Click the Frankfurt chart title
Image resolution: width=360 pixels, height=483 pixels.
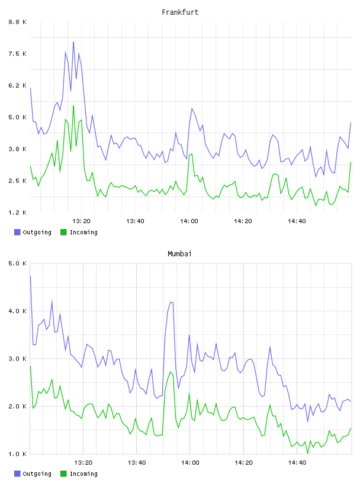point(180,12)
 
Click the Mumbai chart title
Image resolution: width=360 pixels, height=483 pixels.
point(179,254)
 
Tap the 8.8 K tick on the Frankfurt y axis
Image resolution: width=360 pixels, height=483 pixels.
point(18,22)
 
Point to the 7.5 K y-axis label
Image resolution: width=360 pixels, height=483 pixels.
point(18,54)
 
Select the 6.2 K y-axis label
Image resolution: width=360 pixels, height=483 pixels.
point(18,85)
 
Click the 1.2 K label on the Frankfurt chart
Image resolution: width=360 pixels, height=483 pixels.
point(18,212)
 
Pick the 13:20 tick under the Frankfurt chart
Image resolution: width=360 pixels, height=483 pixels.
point(81,221)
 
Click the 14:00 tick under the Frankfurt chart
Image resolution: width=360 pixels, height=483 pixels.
point(189,221)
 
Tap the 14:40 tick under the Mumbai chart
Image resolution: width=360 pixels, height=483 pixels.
point(297,462)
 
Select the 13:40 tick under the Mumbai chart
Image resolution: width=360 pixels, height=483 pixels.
point(137,462)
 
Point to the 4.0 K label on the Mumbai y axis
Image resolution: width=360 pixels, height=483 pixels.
point(18,311)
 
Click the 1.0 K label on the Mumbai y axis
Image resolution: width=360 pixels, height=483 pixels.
point(18,454)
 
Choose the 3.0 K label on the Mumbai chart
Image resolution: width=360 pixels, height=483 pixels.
point(18,359)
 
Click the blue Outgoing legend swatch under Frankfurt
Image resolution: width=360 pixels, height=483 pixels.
point(17,232)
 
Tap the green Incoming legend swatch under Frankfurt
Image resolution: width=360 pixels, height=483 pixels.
point(63,232)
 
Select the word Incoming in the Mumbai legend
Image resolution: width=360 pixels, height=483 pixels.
point(83,474)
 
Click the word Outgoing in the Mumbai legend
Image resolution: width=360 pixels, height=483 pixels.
point(37,474)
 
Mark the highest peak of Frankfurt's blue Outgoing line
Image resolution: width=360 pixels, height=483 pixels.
point(73,42)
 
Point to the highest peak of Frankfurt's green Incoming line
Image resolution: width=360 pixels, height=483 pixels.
point(73,106)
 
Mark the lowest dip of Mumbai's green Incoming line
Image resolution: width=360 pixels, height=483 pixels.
point(308,453)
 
